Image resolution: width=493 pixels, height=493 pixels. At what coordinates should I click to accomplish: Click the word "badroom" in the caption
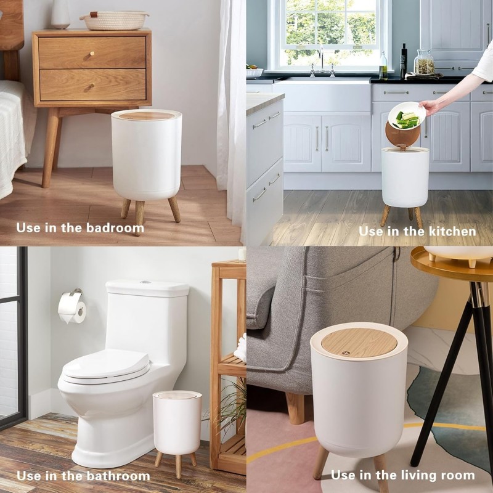click(x=115, y=228)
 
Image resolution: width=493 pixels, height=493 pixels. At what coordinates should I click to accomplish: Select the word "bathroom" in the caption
click(x=118, y=476)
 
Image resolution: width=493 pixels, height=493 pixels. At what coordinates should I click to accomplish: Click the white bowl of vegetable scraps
click(x=406, y=115)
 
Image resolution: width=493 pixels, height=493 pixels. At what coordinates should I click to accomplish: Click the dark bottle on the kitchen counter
click(x=403, y=62)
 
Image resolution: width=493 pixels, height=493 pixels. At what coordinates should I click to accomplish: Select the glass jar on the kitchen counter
click(x=424, y=63)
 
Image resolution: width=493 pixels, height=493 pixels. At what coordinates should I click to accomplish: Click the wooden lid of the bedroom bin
click(x=147, y=115)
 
